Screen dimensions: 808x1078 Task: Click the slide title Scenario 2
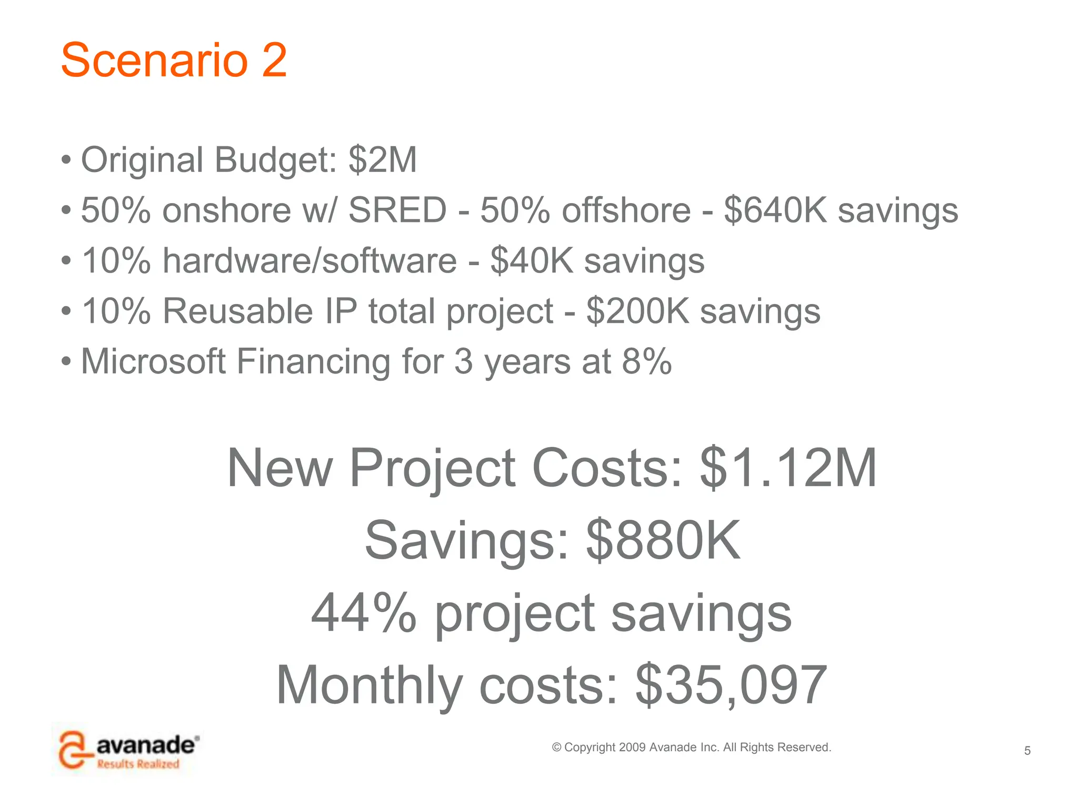pos(174,60)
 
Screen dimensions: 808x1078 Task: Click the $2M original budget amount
pos(383,159)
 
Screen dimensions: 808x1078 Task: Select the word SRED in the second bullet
pos(397,210)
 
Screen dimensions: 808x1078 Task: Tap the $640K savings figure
pos(775,210)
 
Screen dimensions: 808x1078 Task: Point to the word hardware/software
pos(310,260)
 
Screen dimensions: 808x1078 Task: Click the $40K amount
pos(532,260)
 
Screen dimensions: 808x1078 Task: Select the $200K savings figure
pos(637,311)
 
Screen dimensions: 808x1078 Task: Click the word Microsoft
pos(153,361)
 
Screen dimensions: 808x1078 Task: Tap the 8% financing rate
pos(646,361)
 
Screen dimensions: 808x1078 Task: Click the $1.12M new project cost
pos(788,468)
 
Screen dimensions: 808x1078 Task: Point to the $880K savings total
pos(663,540)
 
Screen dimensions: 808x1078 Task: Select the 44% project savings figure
pos(364,613)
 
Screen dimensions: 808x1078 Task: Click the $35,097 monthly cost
pos(731,685)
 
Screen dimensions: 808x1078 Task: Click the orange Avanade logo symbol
pos(73,749)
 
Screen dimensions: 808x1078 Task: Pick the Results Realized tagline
pos(138,764)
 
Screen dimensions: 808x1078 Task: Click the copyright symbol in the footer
pos(556,748)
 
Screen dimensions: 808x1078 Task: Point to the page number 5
pos(1027,751)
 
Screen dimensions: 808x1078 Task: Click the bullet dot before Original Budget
pos(66,160)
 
